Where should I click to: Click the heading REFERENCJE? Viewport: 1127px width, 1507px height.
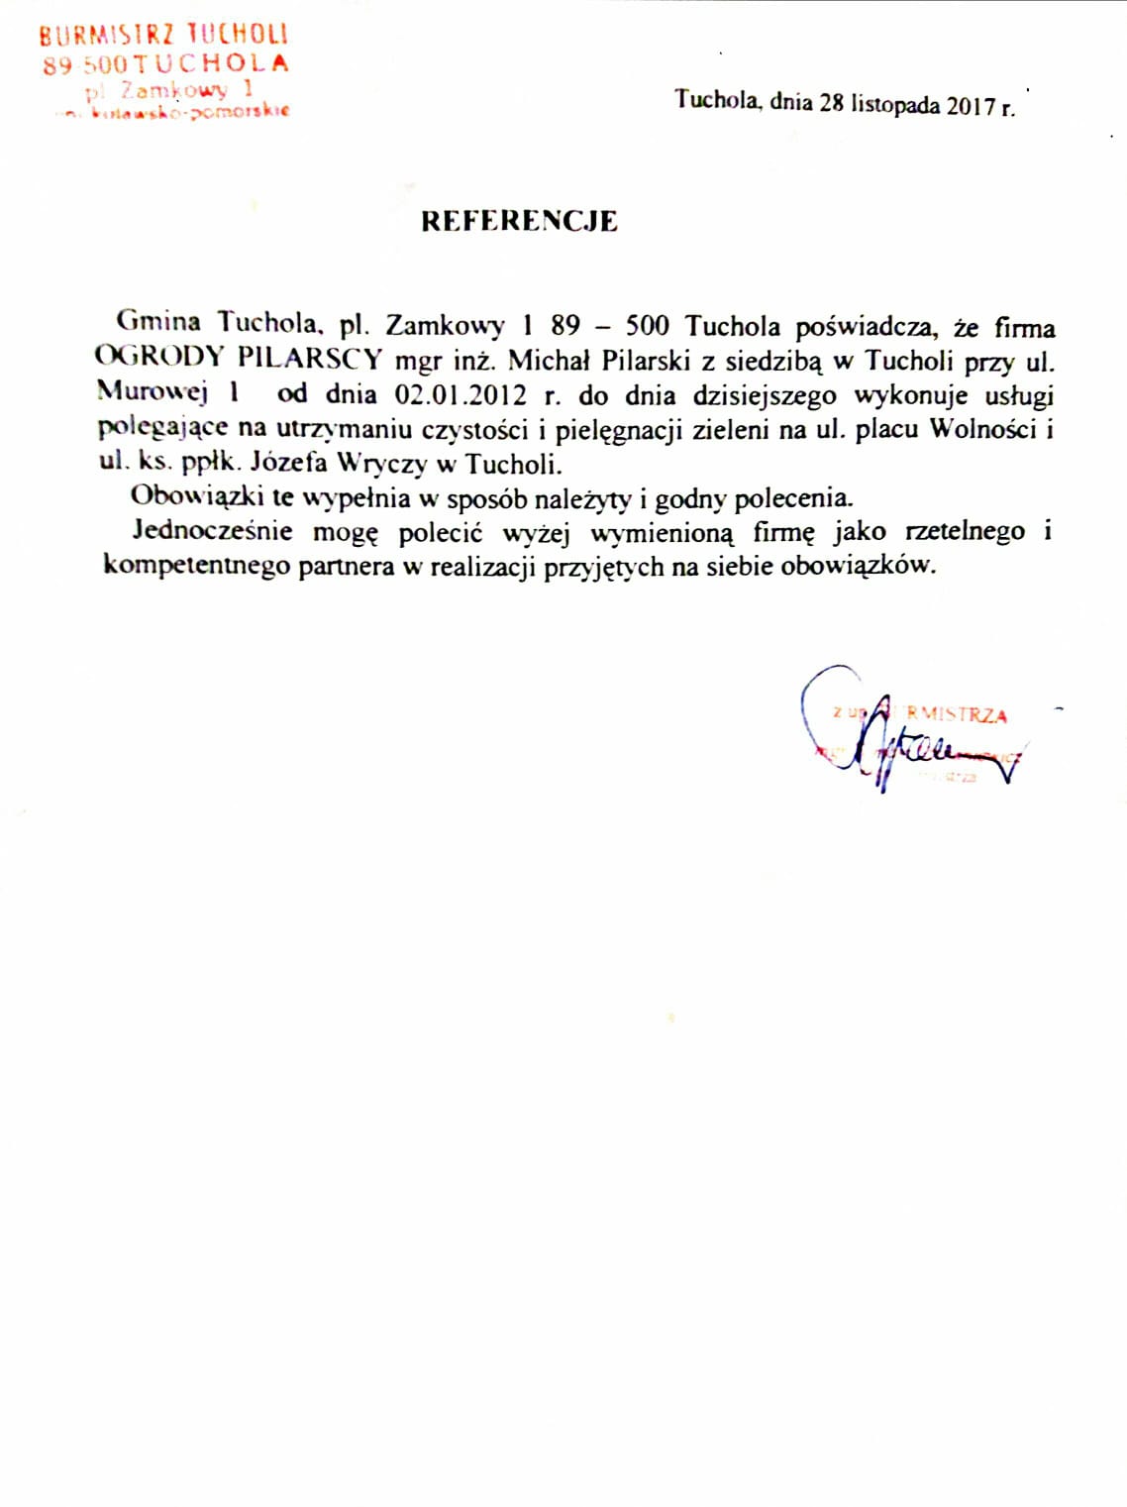519,221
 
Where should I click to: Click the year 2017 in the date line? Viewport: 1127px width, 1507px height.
970,105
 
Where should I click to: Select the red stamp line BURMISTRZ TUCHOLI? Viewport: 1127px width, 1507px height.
163,35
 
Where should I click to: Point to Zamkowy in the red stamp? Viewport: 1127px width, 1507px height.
173,90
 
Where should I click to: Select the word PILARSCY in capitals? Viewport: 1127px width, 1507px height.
309,358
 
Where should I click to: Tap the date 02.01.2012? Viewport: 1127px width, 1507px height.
461,395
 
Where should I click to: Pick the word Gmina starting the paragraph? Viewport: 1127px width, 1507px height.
158,322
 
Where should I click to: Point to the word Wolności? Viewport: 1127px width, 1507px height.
982,430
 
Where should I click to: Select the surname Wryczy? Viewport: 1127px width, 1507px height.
381,463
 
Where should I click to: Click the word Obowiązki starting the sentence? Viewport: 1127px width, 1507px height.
197,495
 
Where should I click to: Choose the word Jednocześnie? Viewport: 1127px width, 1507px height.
213,531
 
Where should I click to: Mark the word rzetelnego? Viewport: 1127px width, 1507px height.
964,532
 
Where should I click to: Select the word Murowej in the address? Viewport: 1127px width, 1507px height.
153,391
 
